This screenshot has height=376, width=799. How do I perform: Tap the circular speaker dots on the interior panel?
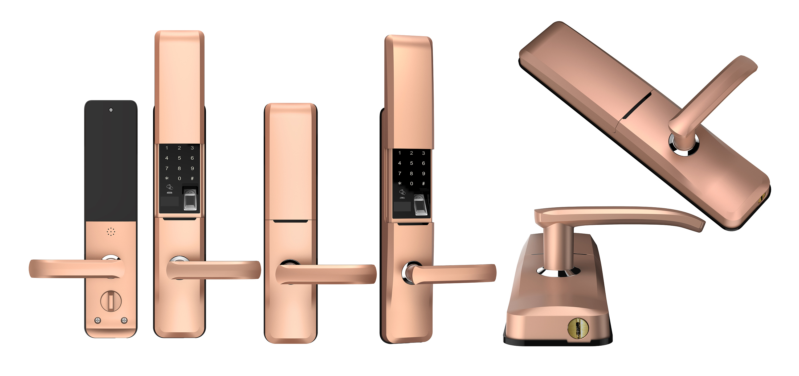(x=111, y=232)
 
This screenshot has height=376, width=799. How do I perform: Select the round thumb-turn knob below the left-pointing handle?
(x=111, y=301)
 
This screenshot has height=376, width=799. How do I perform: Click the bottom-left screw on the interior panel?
(x=98, y=320)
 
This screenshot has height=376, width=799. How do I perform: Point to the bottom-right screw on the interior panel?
(x=124, y=320)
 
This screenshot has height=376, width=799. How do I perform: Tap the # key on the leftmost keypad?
(x=192, y=178)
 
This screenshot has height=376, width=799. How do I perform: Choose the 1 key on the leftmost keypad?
(x=167, y=148)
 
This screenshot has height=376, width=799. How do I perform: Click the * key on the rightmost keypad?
(x=400, y=184)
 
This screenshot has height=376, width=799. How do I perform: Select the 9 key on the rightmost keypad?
(x=423, y=173)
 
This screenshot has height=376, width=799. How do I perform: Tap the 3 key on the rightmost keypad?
(x=423, y=153)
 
